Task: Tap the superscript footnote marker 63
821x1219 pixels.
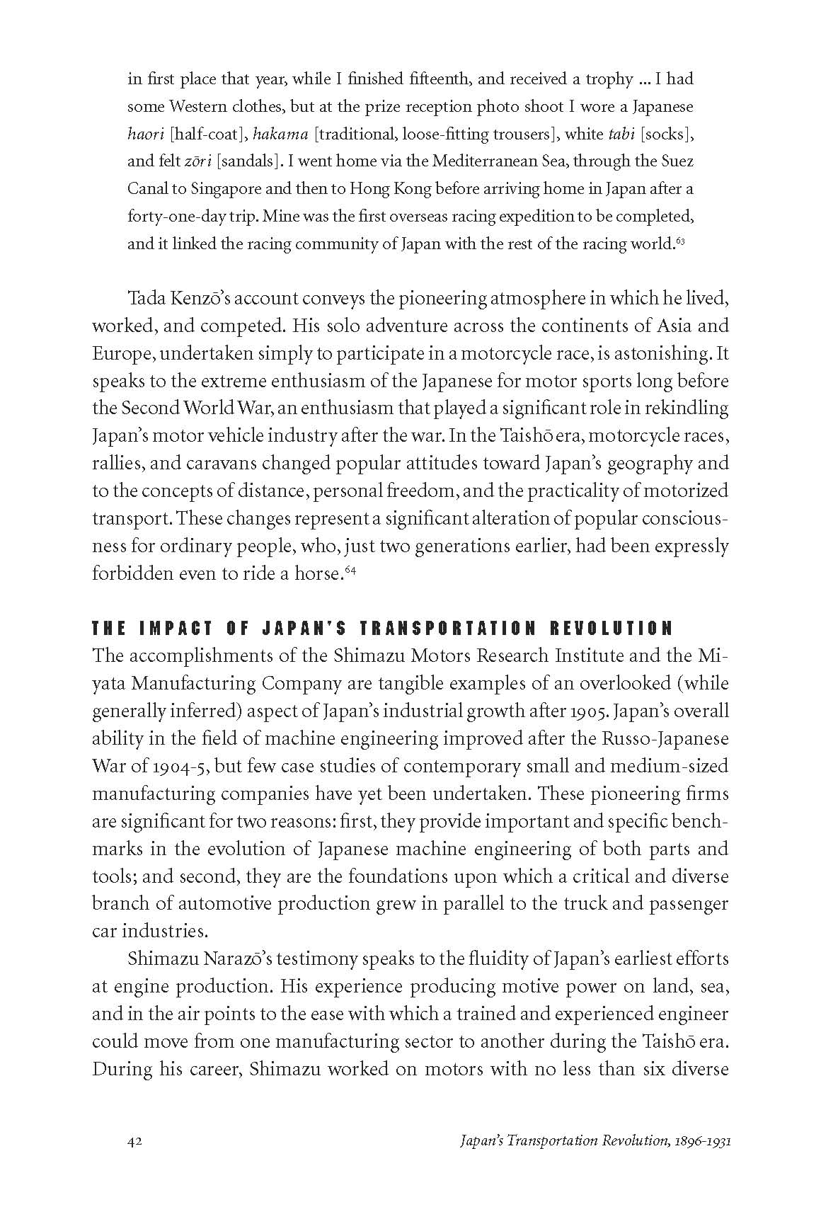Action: tap(680, 242)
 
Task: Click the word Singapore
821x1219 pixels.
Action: tap(207, 189)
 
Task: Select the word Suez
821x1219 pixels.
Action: tap(676, 161)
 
